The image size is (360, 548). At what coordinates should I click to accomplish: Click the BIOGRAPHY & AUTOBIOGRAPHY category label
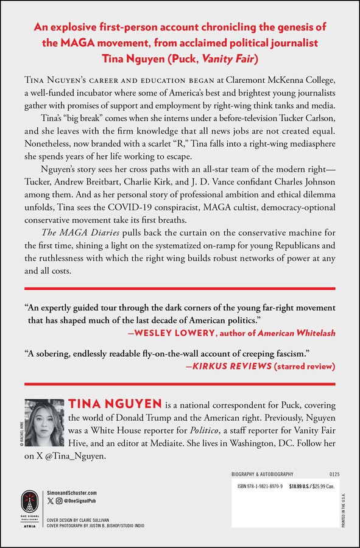(263, 473)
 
